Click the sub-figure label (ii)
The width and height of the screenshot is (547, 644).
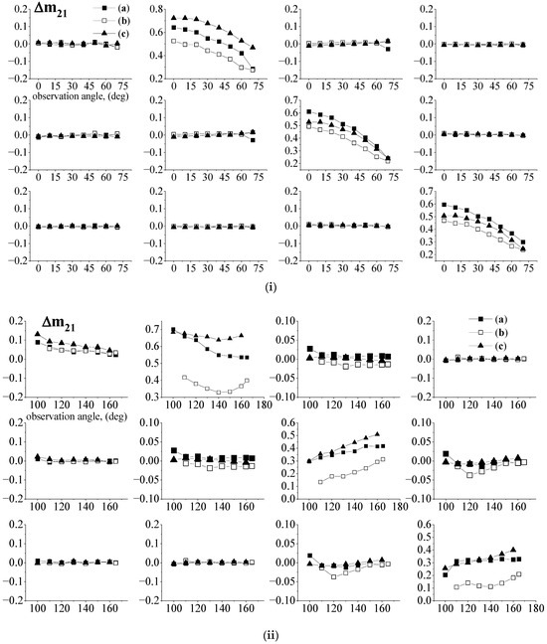click(x=273, y=631)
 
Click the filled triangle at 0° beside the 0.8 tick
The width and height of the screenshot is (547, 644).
click(x=174, y=18)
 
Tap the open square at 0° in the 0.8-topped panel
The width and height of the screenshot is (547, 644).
click(x=174, y=41)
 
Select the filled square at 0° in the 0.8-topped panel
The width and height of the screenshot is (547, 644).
click(x=174, y=28)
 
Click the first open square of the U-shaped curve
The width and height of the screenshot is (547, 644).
click(x=186, y=378)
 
